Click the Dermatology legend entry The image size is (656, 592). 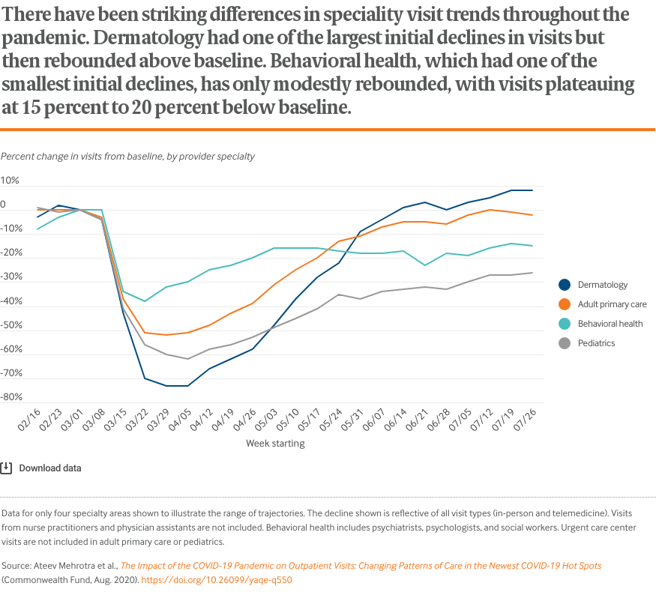pos(602,285)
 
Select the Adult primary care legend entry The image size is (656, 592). pos(612,304)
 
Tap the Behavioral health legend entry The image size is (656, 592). pos(610,324)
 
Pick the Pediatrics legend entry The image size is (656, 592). pos(596,343)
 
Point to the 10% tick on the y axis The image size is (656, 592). pos(10,181)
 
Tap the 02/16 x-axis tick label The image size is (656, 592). pos(29,418)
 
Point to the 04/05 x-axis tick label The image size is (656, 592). pos(181,418)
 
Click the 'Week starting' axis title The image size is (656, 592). pos(275,444)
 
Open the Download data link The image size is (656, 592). pos(49,468)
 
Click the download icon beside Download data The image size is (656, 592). pos(6,468)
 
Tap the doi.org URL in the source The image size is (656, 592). pos(217,580)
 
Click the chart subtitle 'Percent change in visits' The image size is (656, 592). pos(128,157)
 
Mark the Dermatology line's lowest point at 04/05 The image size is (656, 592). pos(187,386)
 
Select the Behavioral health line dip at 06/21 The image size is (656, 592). pos(425,265)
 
